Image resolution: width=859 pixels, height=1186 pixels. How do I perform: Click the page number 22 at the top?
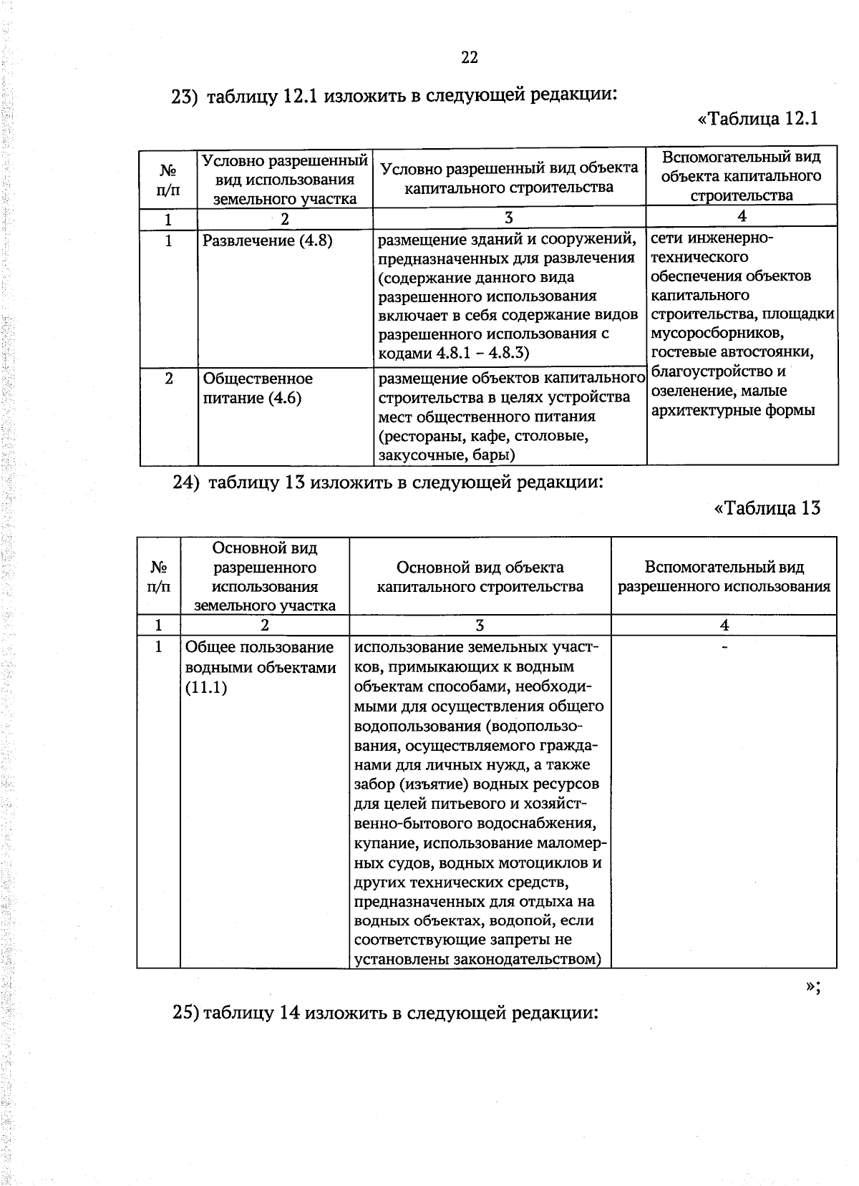[x=470, y=58]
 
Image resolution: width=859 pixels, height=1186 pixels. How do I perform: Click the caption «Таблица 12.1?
[x=757, y=118]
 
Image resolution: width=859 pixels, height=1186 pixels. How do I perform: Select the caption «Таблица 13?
[x=767, y=508]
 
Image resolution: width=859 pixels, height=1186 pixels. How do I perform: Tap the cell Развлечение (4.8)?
[x=267, y=240]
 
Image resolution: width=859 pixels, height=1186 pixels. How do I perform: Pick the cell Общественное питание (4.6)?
[x=258, y=388]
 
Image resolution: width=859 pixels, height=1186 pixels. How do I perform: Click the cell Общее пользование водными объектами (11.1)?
[x=261, y=667]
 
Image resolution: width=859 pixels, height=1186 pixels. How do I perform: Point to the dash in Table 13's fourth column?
[x=724, y=647]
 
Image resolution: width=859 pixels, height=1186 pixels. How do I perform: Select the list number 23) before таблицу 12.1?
[x=185, y=97]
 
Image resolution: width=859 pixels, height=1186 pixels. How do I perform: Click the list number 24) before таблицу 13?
[x=186, y=482]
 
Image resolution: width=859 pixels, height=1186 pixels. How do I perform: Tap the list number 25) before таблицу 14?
[x=186, y=1014]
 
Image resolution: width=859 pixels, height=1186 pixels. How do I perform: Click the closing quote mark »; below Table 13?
[x=812, y=986]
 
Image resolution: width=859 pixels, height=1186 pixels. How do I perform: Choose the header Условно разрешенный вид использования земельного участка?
[x=285, y=180]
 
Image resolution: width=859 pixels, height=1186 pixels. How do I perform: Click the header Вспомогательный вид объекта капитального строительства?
[x=742, y=176]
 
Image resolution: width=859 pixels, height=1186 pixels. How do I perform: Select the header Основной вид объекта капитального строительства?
[x=480, y=577]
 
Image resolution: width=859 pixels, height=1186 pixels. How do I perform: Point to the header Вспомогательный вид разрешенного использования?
[x=724, y=577]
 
